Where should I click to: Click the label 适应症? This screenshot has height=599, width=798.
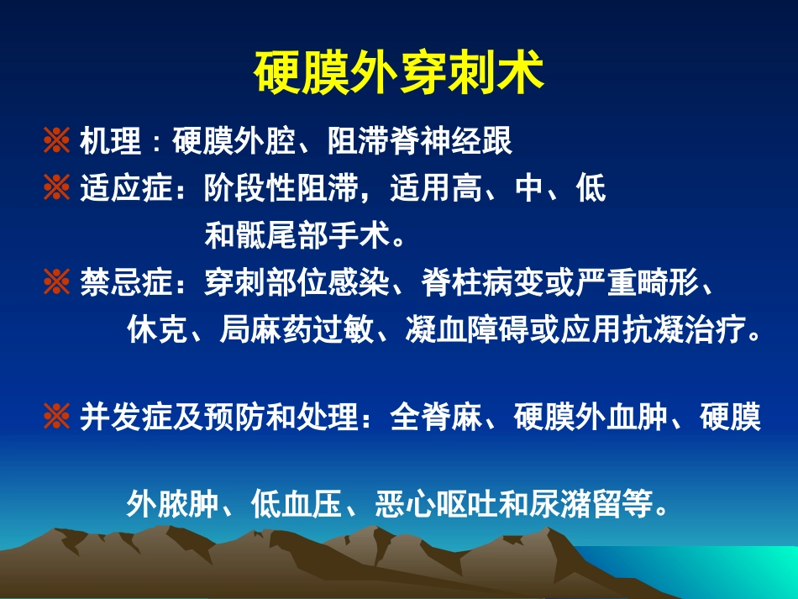[125, 189]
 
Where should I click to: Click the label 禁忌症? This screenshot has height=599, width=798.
[125, 284]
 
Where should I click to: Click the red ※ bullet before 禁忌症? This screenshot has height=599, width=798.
[56, 284]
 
